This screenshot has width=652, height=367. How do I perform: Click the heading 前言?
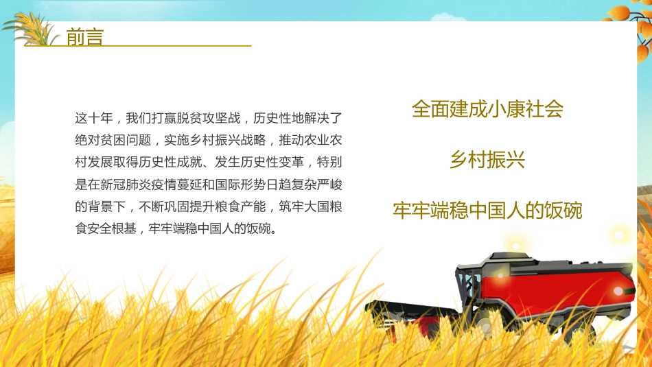(x=84, y=37)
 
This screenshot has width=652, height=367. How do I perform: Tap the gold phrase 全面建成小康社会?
(x=487, y=109)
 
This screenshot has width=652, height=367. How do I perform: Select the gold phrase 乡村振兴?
(x=487, y=161)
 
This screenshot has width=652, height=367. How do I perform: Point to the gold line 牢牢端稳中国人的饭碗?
(x=487, y=211)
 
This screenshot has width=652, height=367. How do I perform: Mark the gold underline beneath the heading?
(x=158, y=46)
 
